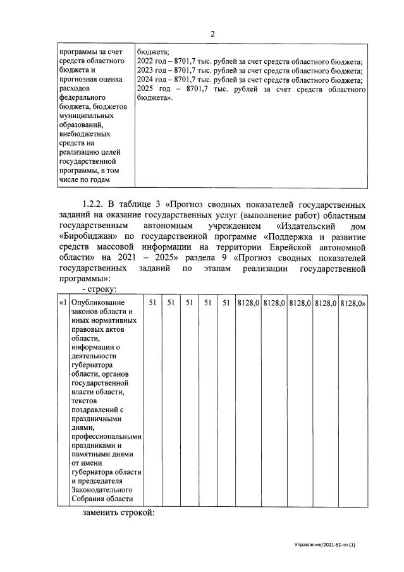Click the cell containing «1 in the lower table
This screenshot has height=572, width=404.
tap(62, 303)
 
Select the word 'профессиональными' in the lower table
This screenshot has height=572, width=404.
tap(106, 437)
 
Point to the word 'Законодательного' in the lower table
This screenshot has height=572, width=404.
tap(101, 490)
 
